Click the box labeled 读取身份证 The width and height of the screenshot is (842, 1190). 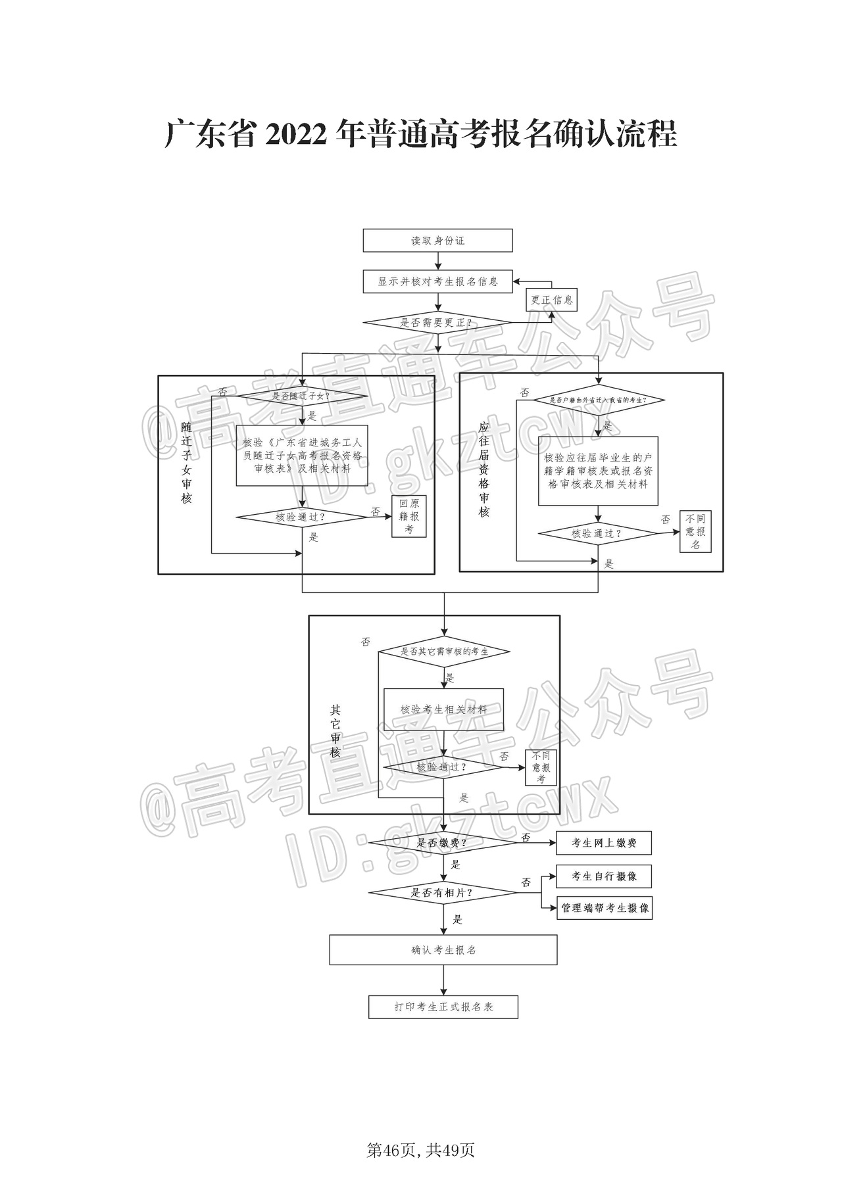click(x=437, y=241)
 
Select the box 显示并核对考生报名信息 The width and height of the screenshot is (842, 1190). click(x=437, y=281)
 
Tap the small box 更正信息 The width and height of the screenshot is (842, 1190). click(x=552, y=300)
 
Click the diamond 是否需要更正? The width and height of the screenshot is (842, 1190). click(x=437, y=323)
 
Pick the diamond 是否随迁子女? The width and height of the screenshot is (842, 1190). click(x=302, y=396)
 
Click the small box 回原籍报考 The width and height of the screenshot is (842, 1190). click(x=409, y=516)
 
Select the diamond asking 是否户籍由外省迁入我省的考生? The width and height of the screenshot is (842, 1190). click(x=598, y=400)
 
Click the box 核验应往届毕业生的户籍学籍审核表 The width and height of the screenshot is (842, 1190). click(x=598, y=471)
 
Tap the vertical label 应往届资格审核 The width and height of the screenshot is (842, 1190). click(x=484, y=469)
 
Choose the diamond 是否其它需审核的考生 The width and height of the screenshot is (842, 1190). click(x=444, y=652)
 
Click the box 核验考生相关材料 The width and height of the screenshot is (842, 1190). click(x=444, y=710)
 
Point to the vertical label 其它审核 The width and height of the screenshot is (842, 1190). click(x=335, y=731)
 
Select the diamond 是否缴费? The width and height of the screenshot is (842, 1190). click(x=443, y=843)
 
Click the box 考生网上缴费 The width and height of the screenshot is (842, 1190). click(x=604, y=843)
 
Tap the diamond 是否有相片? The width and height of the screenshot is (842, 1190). click(x=443, y=893)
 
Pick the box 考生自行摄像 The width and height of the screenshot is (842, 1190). click(x=604, y=876)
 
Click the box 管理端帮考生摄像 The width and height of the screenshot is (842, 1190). click(x=605, y=908)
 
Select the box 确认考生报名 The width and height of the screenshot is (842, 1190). click(x=443, y=950)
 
